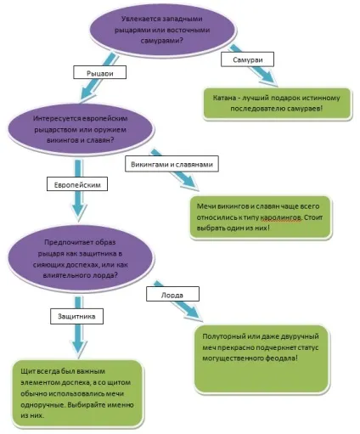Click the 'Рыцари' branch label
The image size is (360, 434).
99,72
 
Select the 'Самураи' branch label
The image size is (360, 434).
247,59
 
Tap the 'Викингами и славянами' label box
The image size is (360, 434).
172,164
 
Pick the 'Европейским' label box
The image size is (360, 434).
77,184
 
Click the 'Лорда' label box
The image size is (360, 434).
172,294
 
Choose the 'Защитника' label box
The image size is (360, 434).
76,316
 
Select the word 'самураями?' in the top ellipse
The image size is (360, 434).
162,41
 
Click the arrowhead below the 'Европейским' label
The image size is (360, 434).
78,211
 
